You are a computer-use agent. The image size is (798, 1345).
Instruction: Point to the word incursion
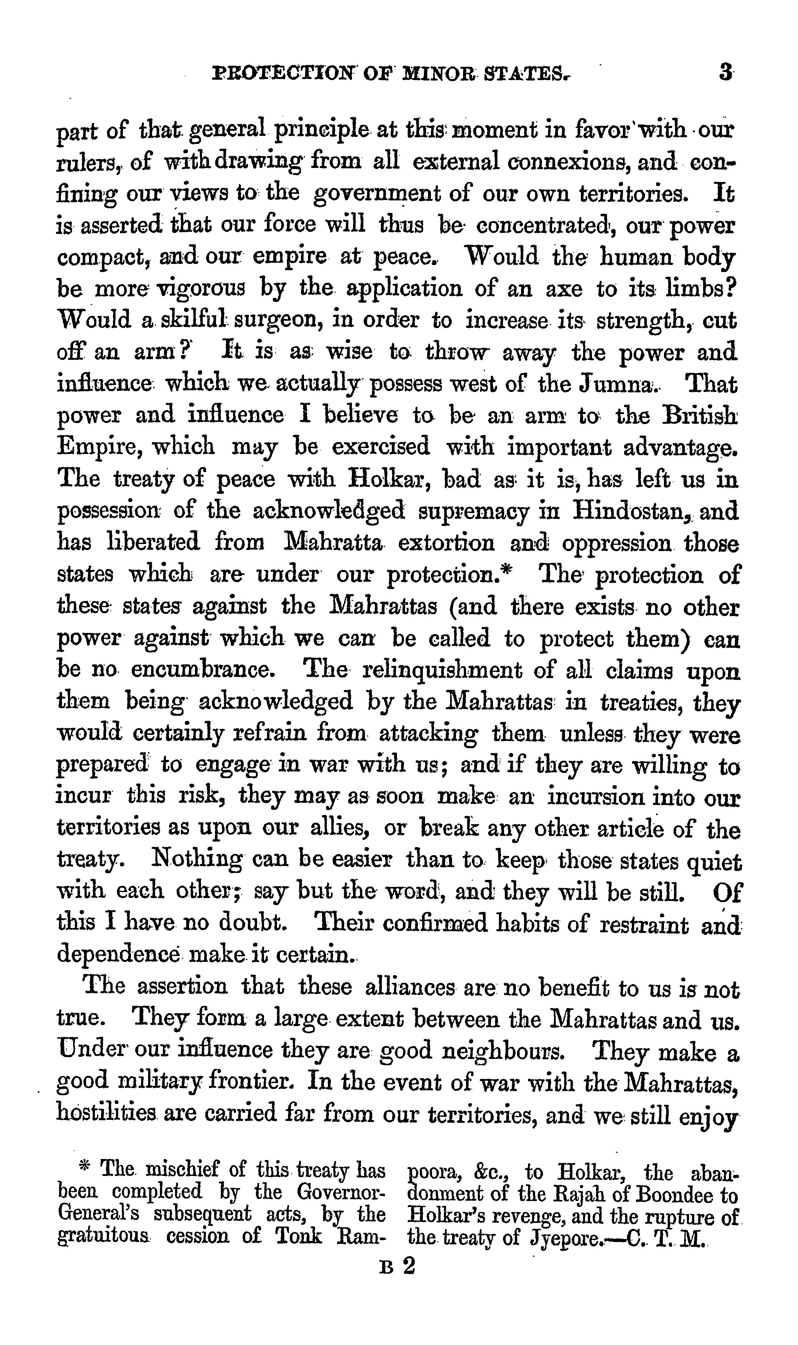click(597, 797)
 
